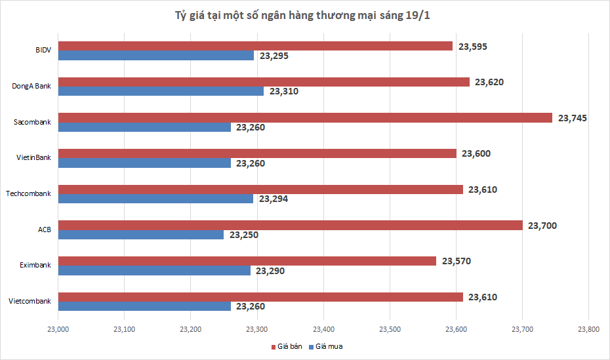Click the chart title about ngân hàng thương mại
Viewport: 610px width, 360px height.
304,15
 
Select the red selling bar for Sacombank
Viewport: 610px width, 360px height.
305,118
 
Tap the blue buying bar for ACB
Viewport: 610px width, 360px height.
141,235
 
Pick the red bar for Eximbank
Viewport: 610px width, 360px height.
247,261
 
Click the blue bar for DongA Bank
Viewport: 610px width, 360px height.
161,91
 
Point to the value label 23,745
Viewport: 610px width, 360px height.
572,118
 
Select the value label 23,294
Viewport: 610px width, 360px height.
274,199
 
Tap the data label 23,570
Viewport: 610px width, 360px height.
457,261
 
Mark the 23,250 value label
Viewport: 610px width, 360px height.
244,235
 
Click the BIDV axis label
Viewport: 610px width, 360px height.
43,50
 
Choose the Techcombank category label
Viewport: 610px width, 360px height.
28,193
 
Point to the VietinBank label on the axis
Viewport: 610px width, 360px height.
33,157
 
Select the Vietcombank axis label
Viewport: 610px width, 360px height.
30,301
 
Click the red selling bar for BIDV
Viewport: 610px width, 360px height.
256,46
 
